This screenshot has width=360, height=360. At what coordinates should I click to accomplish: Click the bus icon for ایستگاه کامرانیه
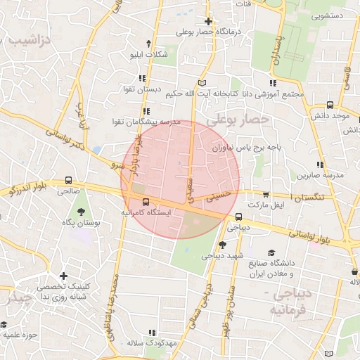click(x=146, y=202)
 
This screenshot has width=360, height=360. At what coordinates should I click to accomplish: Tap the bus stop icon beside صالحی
click(x=68, y=181)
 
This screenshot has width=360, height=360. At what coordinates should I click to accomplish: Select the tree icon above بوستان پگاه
click(x=82, y=210)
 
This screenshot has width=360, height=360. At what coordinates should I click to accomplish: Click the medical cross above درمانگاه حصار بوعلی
click(x=208, y=21)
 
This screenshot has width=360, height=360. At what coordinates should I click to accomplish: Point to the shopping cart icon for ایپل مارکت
click(x=265, y=195)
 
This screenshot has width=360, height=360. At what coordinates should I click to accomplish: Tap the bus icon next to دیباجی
click(x=238, y=217)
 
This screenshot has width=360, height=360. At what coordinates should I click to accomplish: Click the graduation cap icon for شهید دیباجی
click(x=222, y=245)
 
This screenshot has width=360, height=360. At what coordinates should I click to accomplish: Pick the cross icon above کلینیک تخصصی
click(x=64, y=276)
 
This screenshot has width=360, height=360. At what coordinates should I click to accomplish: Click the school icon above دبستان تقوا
click(x=143, y=79)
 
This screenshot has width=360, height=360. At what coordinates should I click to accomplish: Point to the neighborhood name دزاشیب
click(x=30, y=40)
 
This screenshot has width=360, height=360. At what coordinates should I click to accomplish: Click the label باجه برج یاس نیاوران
click(x=247, y=148)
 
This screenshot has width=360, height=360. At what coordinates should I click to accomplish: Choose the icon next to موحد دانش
click(x=330, y=104)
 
